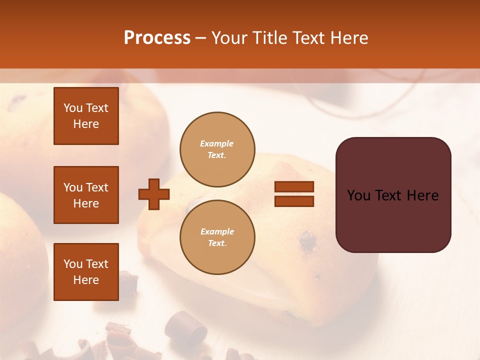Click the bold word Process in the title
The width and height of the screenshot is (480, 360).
[x=157, y=38]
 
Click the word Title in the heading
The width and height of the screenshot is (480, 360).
[x=268, y=38]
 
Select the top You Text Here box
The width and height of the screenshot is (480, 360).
[x=86, y=116]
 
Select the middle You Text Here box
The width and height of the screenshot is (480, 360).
[x=86, y=195]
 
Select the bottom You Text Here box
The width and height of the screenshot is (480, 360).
[x=86, y=271]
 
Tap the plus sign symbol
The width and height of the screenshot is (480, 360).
[x=154, y=193]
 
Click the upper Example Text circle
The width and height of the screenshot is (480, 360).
[x=217, y=149]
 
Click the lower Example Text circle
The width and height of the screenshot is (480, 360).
[x=217, y=237]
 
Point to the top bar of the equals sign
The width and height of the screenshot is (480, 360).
[x=294, y=187]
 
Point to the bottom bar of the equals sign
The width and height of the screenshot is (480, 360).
[x=294, y=201]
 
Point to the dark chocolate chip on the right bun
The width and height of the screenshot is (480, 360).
[x=307, y=242]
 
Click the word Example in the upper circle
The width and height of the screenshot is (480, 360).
[x=217, y=143]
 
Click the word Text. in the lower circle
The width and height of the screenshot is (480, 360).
[x=217, y=243]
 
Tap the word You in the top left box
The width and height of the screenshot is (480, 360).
[x=72, y=108]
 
